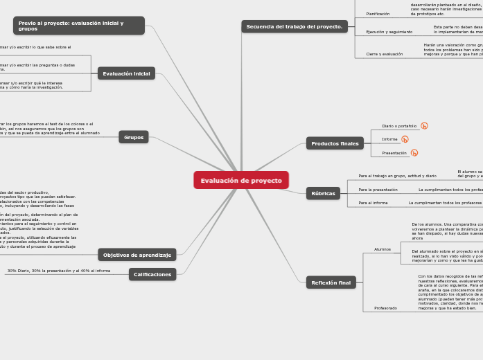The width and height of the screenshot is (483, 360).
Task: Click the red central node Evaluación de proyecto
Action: coord(241,181)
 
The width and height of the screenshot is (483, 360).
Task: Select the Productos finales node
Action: coord(335,143)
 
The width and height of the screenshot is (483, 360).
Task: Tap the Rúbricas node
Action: coord(323,193)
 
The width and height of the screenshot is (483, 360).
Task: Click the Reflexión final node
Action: coord(331,282)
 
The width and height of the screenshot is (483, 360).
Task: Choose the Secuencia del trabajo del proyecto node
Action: coord(295,26)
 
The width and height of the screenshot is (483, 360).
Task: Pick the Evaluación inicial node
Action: coord(126,73)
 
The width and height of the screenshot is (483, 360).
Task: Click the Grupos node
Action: coord(134,137)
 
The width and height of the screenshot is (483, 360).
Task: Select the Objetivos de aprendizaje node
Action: coord(137,255)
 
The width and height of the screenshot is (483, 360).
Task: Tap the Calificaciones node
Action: coord(152,274)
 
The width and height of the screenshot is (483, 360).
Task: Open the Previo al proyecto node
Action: coord(78,26)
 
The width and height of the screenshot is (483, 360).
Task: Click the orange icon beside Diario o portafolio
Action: coord(424,126)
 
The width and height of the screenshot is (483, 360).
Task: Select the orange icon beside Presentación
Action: coord(414,153)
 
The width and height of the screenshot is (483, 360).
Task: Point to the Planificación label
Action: coord(378,14)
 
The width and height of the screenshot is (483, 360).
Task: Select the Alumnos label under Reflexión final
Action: coord(383,249)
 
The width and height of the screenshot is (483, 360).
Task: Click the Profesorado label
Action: coord(385,307)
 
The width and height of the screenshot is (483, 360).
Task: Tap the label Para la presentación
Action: coord(378,189)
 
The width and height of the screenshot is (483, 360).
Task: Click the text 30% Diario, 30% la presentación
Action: coord(58,271)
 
